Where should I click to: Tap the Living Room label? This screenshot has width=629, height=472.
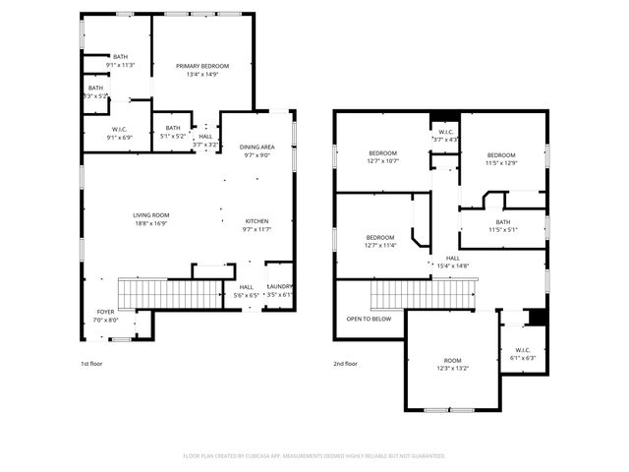coord(151,218)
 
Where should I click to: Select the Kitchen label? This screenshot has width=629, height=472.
coord(257,225)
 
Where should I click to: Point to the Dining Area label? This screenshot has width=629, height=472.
coord(257,150)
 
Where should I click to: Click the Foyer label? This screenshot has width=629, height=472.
coord(105,316)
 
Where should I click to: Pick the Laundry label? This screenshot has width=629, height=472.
coord(278,290)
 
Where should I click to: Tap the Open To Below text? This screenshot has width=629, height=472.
coord(369,319)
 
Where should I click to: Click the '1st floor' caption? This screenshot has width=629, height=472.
coord(91,364)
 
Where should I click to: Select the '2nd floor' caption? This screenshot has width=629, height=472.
coord(345,364)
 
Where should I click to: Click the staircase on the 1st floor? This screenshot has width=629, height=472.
coord(168,293)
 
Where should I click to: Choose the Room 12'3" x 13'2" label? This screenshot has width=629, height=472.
coord(453,365)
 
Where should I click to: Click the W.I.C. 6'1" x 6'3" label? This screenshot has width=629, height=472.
coord(521,354)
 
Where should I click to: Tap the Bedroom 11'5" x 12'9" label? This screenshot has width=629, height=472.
coord(501,158)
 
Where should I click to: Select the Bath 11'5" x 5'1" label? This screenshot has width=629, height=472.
coord(503,225)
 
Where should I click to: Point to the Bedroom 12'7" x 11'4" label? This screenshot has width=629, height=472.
coord(380,241)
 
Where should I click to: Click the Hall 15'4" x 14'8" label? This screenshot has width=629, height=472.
coord(452,262)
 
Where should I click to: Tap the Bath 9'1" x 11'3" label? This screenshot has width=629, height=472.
coord(120,61)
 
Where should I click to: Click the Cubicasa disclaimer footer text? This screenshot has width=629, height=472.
coord(314,456)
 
